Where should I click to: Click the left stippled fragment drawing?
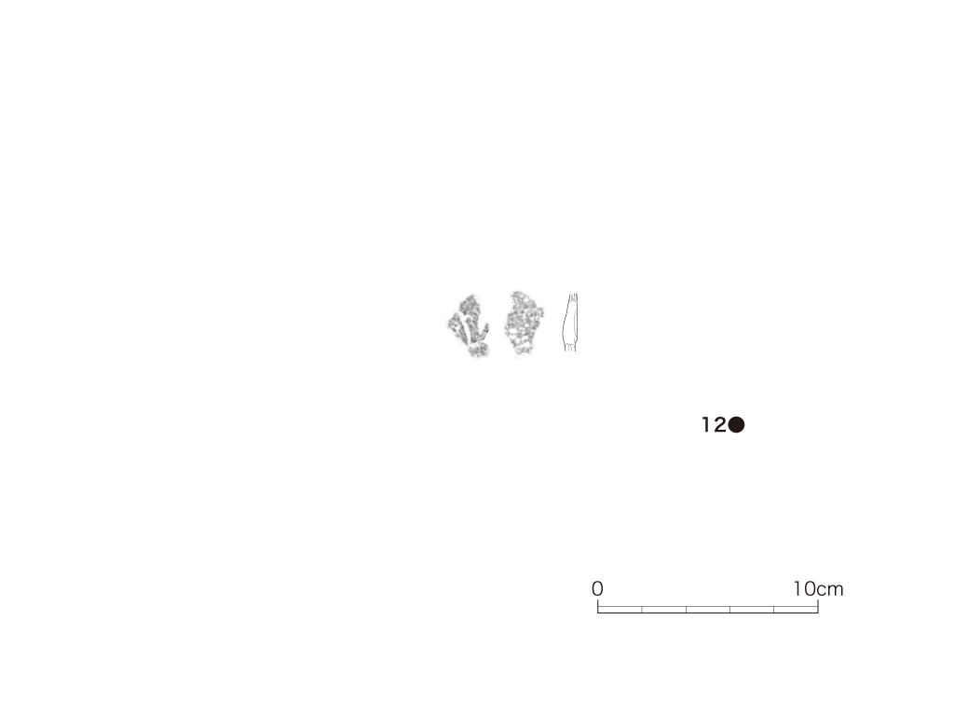468,325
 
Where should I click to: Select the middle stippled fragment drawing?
524,323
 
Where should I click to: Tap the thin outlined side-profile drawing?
569,323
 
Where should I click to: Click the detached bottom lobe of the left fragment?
478,350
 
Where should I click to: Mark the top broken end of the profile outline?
573,296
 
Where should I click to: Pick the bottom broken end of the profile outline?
570,349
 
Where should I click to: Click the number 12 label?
714,425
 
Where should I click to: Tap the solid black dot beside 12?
736,425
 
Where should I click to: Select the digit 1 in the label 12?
706,425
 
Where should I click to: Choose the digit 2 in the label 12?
720,425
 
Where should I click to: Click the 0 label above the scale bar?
597,589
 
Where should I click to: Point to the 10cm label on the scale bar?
818,589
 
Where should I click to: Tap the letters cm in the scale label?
830,590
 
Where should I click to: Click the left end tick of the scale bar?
598,606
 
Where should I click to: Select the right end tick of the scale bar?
818,606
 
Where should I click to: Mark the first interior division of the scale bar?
642,610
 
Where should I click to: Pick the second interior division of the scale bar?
687,610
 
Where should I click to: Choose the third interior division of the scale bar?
730,610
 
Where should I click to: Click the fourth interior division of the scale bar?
774,610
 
